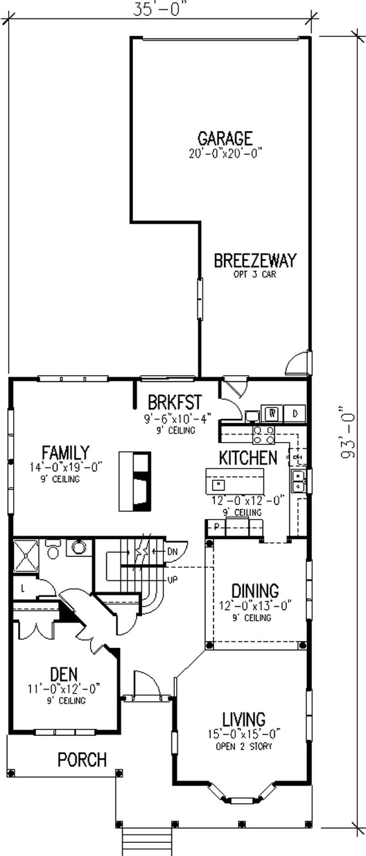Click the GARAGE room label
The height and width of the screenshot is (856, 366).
tap(225, 138)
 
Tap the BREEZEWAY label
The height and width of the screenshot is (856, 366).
tap(255, 261)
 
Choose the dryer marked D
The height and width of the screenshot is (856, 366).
tap(295, 413)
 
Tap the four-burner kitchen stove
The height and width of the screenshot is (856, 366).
tap(264, 435)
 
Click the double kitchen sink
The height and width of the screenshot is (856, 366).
tap(299, 479)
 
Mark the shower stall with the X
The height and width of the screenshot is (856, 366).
tap(26, 556)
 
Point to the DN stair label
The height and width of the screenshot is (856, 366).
tap(172, 551)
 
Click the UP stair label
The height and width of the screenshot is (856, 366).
tap(172, 579)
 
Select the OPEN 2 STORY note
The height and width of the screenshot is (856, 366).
tap(244, 746)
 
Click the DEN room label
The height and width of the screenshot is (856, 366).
tap(64, 675)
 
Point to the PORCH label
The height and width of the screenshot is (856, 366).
tap(82, 760)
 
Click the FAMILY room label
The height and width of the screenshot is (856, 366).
tap(65, 453)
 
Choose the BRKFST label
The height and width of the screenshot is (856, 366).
tap(174, 402)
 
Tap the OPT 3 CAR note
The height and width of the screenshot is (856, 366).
tap(254, 275)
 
